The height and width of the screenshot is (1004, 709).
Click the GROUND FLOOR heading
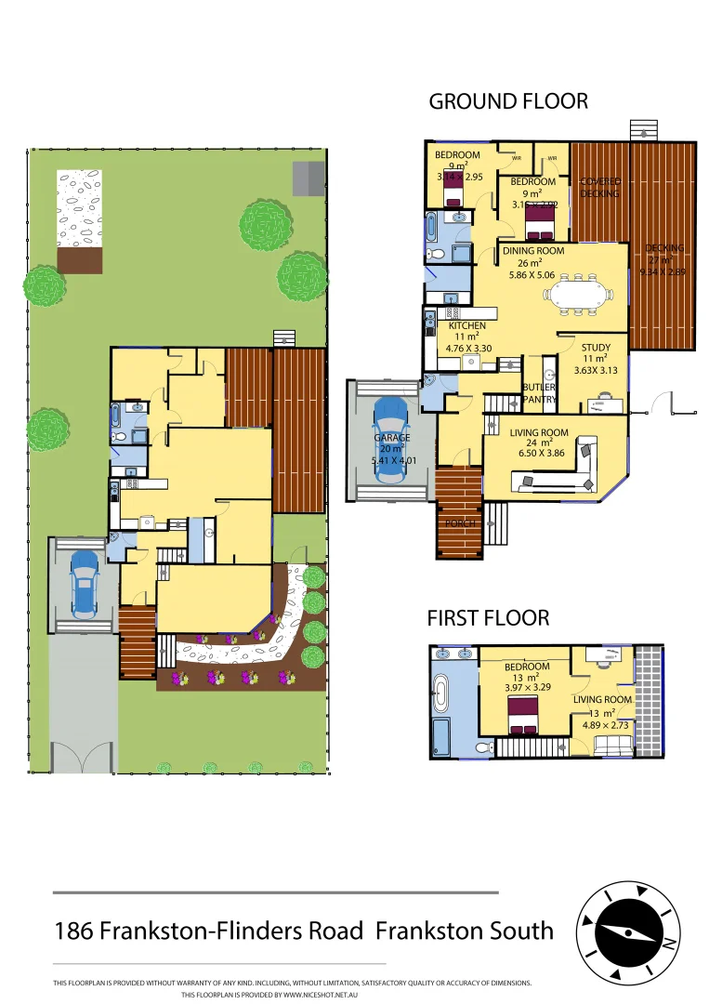click(507, 101)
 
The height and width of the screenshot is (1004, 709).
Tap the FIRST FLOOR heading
click(487, 617)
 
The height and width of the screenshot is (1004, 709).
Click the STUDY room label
click(595, 347)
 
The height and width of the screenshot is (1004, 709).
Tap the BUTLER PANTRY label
click(539, 393)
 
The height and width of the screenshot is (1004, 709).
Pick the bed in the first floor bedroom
click(525, 717)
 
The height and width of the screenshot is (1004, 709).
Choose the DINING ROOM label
click(533, 250)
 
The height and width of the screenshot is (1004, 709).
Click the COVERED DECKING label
click(599, 187)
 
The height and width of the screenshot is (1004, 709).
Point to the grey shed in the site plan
click(309, 178)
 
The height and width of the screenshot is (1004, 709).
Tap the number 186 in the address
click(73, 930)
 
